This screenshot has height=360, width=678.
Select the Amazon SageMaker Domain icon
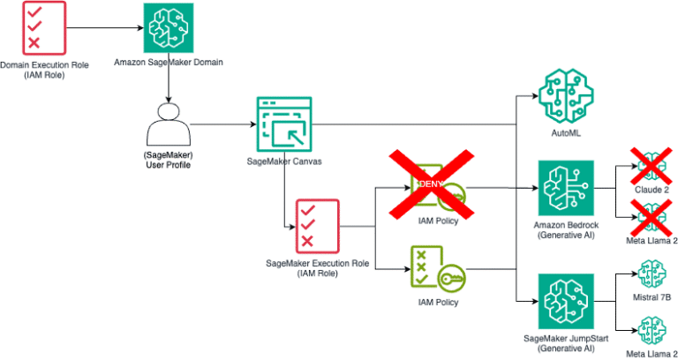[168, 28]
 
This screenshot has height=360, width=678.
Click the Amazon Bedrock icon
[565, 187]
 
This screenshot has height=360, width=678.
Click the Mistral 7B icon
[652, 275]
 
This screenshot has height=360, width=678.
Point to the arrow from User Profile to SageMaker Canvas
[221, 124]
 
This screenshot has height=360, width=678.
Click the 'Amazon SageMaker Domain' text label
[168, 64]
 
